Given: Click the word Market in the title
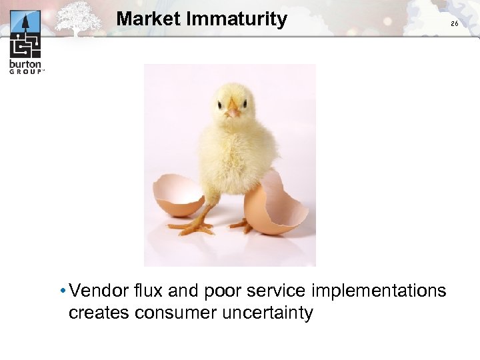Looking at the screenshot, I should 149,19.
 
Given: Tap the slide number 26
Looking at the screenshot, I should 455,24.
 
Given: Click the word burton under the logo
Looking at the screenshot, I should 25,65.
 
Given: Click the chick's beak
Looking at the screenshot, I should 233,111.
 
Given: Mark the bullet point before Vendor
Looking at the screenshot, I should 61,291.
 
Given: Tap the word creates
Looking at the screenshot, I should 99,313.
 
